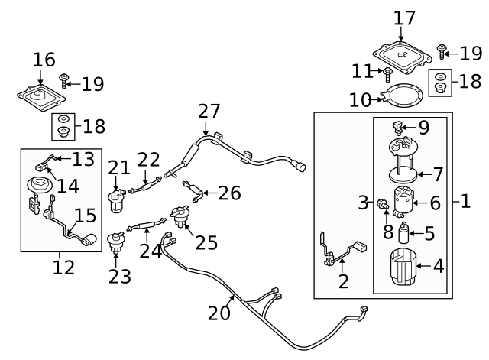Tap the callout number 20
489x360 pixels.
(219, 313)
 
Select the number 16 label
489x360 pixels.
(44, 60)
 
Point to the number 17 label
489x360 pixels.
(405, 18)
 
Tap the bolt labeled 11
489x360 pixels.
(387, 73)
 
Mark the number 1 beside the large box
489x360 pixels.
(465, 202)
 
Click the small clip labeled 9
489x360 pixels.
(398, 127)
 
